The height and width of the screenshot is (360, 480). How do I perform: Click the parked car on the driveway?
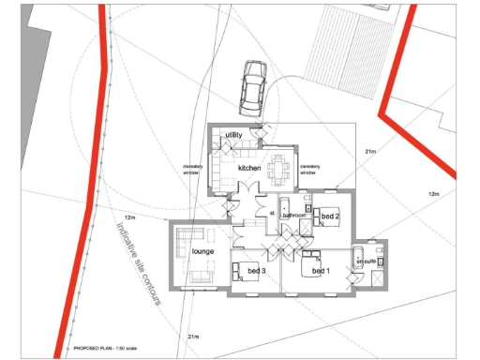[253, 86]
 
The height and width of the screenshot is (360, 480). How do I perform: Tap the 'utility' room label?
[233, 136]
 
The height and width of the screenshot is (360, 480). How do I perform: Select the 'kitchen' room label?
[249, 168]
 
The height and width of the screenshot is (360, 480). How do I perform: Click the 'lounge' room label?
[203, 251]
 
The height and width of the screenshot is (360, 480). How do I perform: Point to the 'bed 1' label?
[321, 271]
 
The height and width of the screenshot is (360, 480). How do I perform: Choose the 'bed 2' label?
[329, 217]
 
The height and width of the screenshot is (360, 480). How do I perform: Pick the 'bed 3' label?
[257, 271]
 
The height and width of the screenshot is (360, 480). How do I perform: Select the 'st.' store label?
[272, 212]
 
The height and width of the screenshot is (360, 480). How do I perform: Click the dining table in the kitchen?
[278, 170]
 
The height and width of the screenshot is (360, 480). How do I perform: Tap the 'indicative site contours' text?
[137, 263]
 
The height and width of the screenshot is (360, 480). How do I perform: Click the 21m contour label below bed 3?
[193, 336]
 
